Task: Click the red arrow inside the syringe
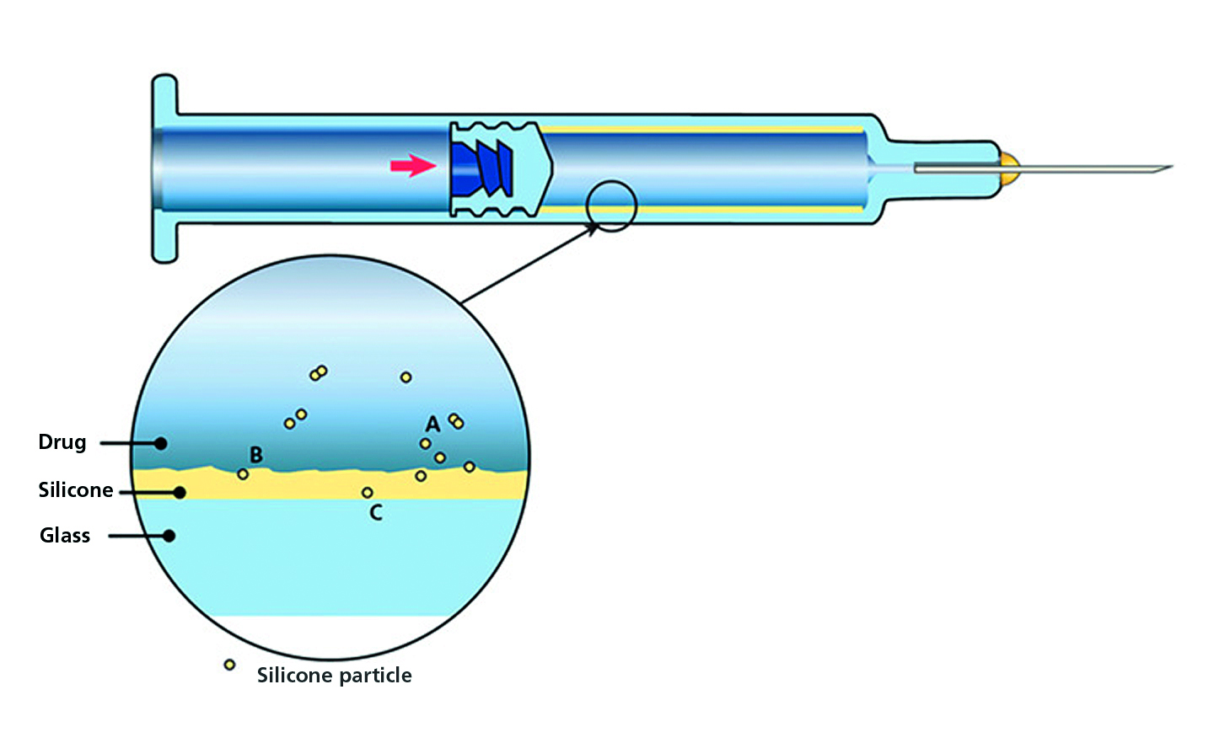[x=412, y=165]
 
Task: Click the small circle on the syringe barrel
[x=611, y=206]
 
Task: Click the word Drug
[x=62, y=442]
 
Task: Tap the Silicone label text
[x=75, y=490]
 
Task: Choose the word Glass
[x=65, y=536]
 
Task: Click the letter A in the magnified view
[x=432, y=424]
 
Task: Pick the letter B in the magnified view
[x=256, y=455]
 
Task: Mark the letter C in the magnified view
[x=376, y=512]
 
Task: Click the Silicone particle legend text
[x=334, y=676]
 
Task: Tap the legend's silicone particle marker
[x=229, y=665]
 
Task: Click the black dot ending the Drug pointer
[x=160, y=443]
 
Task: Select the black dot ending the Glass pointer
[x=169, y=536]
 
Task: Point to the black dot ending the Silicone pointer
[x=179, y=492]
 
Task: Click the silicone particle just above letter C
[x=367, y=493]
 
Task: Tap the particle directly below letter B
[x=243, y=474]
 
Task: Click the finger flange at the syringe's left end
[x=164, y=168]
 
